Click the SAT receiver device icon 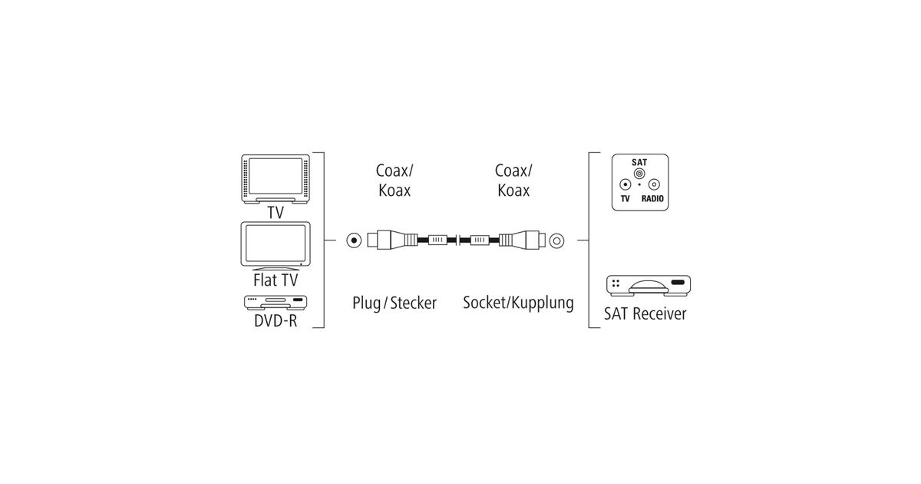649,286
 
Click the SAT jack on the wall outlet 639,174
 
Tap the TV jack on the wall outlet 626,184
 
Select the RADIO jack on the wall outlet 654,184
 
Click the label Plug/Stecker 394,303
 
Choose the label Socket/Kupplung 518,303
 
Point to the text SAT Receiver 645,313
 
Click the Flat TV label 275,280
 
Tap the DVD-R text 275,321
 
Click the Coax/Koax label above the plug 394,180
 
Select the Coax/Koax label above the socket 513,180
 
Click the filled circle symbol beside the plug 352,240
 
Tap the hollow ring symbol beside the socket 555,240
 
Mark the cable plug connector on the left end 392,240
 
